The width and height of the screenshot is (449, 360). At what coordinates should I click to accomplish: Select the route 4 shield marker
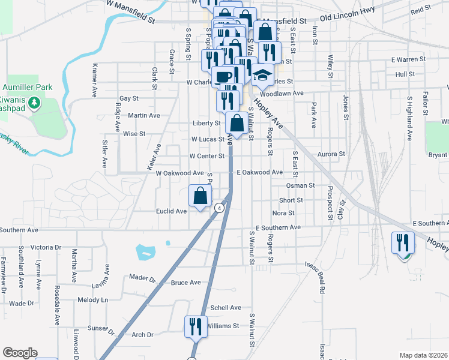[220, 208]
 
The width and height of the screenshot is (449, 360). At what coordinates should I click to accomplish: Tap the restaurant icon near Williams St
[196, 327]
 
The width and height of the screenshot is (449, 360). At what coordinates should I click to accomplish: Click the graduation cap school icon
[261, 74]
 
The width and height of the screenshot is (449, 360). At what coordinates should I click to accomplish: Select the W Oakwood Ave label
[179, 173]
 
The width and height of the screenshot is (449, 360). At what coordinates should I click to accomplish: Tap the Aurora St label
[333, 154]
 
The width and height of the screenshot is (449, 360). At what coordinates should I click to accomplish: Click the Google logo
[20, 353]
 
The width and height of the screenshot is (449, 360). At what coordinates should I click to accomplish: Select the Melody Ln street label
[92, 299]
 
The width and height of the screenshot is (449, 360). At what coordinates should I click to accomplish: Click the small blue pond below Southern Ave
[146, 251]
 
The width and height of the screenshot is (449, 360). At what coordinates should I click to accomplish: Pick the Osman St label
[304, 186]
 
